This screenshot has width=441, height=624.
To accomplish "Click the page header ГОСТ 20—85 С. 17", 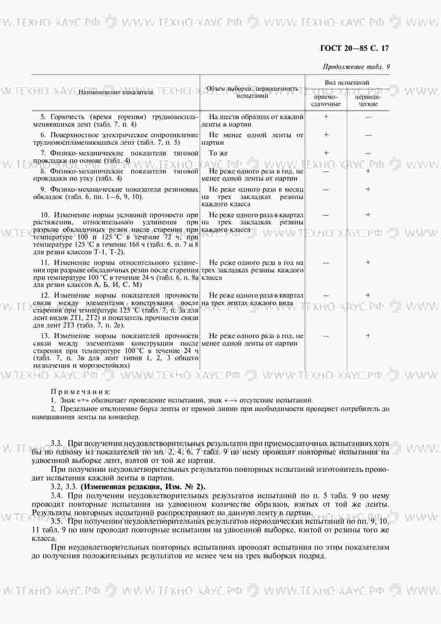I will click(354, 49).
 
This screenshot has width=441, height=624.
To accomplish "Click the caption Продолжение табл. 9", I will click(356, 67).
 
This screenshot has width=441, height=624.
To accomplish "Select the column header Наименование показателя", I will click(116, 92).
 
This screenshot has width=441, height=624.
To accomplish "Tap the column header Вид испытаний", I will click(347, 82).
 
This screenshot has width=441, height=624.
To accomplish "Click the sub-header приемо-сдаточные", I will click(326, 100).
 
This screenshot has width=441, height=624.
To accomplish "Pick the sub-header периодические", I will click(368, 100).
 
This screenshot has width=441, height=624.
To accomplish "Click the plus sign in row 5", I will click(326, 117).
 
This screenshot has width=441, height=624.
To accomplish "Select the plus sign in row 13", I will click(368, 336).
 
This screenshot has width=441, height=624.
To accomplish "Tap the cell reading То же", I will click(218, 153).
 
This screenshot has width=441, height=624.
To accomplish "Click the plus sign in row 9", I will click(368, 189).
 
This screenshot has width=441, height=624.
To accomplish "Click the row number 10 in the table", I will click(45, 215).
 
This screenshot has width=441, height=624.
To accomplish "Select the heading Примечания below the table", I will click(80, 392).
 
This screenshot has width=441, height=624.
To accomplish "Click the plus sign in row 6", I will click(326, 135).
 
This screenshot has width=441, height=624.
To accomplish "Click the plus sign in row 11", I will click(368, 263).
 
